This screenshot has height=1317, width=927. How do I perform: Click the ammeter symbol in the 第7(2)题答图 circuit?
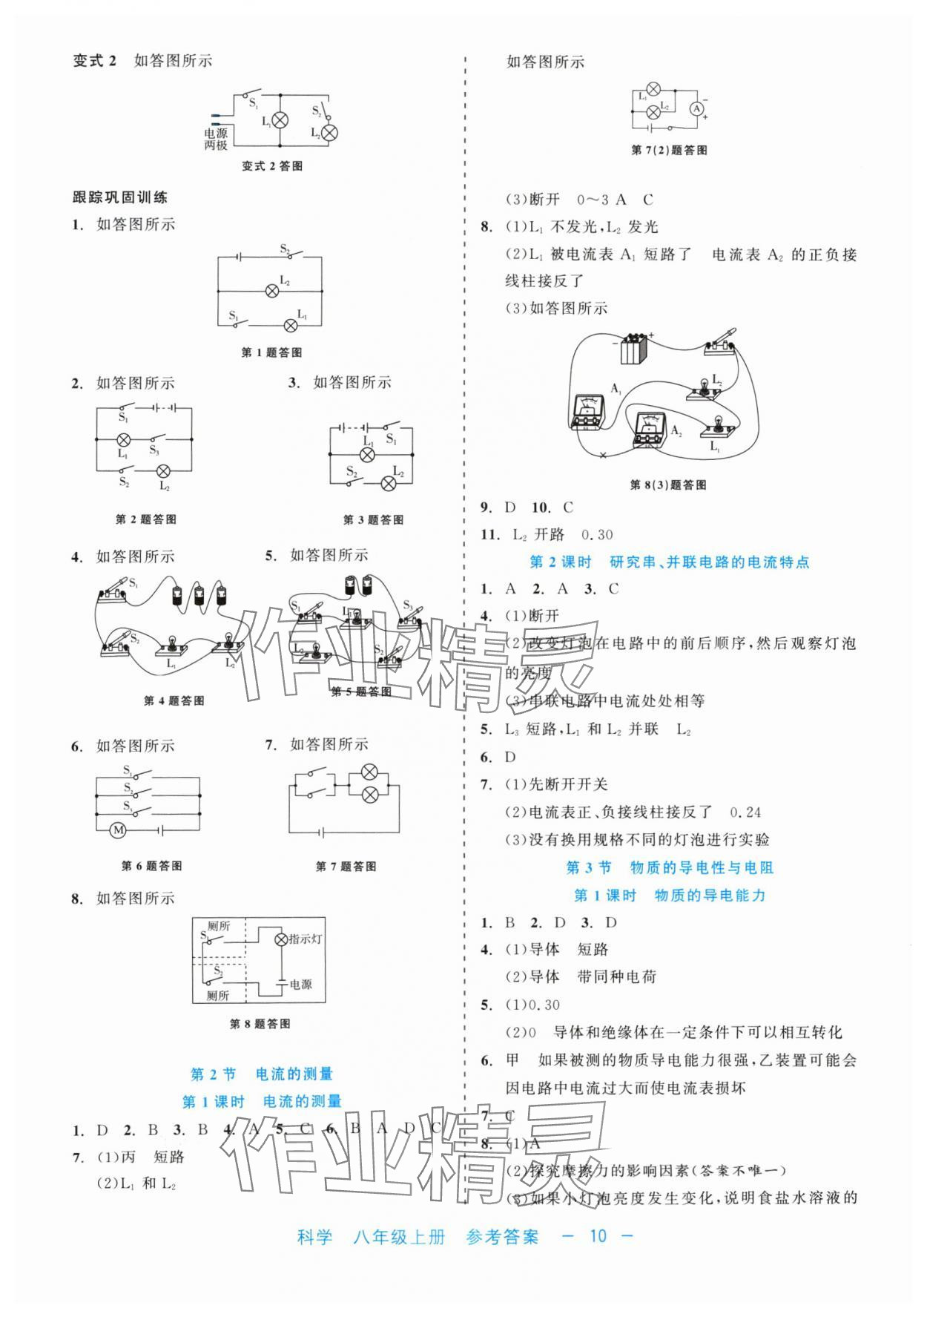tap(696, 108)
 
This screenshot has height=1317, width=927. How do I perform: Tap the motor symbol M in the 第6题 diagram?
tap(118, 830)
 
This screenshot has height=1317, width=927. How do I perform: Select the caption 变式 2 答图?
tap(272, 166)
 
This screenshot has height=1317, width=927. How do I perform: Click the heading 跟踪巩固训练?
tap(120, 197)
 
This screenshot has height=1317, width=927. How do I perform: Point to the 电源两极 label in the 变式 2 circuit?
tap(216, 139)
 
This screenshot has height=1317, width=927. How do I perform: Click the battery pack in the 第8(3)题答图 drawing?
tap(634, 347)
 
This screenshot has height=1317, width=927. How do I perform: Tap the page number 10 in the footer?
tap(598, 1235)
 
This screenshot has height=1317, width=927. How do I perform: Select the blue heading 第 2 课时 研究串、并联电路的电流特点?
tap(669, 562)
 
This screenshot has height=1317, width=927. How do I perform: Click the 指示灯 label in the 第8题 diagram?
tap(306, 939)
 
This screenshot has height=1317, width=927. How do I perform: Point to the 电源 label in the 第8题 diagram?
tap(300, 984)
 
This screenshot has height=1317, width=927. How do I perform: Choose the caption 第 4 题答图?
tap(174, 700)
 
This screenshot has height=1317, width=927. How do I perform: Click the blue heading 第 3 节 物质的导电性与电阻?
tap(670, 867)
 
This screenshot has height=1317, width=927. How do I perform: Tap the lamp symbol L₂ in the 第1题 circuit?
tap(272, 291)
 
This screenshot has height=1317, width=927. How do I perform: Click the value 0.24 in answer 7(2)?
tap(745, 812)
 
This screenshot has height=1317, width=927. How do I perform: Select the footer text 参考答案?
tap(502, 1236)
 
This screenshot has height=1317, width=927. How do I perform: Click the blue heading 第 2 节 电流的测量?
tap(262, 1074)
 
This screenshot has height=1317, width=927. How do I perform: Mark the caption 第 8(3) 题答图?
tap(667, 485)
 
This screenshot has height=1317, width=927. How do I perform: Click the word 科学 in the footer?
tap(314, 1236)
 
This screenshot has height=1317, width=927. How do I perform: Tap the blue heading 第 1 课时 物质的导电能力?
tap(670, 896)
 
